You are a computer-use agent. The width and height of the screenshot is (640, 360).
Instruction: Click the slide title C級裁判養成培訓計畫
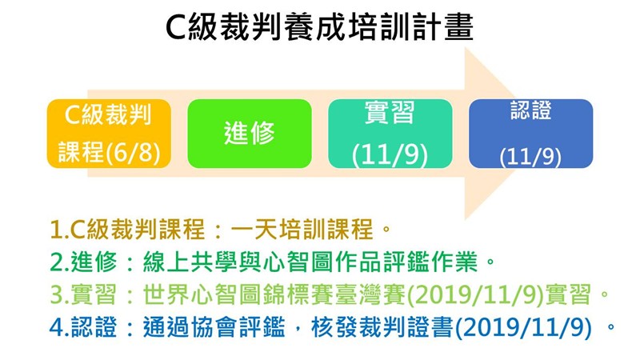point(319,27)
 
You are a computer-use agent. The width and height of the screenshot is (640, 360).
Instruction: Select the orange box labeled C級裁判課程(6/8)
point(109,134)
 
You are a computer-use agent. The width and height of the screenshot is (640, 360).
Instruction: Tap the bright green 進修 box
point(250,134)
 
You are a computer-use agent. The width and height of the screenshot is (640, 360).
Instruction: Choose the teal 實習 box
point(390,134)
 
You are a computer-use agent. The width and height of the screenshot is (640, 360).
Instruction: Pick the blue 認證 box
point(530,134)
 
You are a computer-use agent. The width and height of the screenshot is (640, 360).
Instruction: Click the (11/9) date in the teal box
point(390,155)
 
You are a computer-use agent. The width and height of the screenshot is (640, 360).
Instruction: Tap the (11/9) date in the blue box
point(530,157)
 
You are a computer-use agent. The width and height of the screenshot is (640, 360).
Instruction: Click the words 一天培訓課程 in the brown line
point(302,230)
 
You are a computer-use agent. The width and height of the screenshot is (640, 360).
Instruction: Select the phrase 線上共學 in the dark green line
point(190,262)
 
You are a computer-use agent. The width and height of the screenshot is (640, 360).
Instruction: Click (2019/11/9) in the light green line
point(475,295)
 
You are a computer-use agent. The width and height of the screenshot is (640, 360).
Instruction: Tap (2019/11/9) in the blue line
point(523,328)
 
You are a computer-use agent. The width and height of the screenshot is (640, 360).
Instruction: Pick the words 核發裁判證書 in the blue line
point(382,327)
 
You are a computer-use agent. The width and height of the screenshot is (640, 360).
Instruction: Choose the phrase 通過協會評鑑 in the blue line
point(214,327)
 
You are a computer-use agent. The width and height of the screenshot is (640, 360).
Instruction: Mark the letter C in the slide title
point(176,28)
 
